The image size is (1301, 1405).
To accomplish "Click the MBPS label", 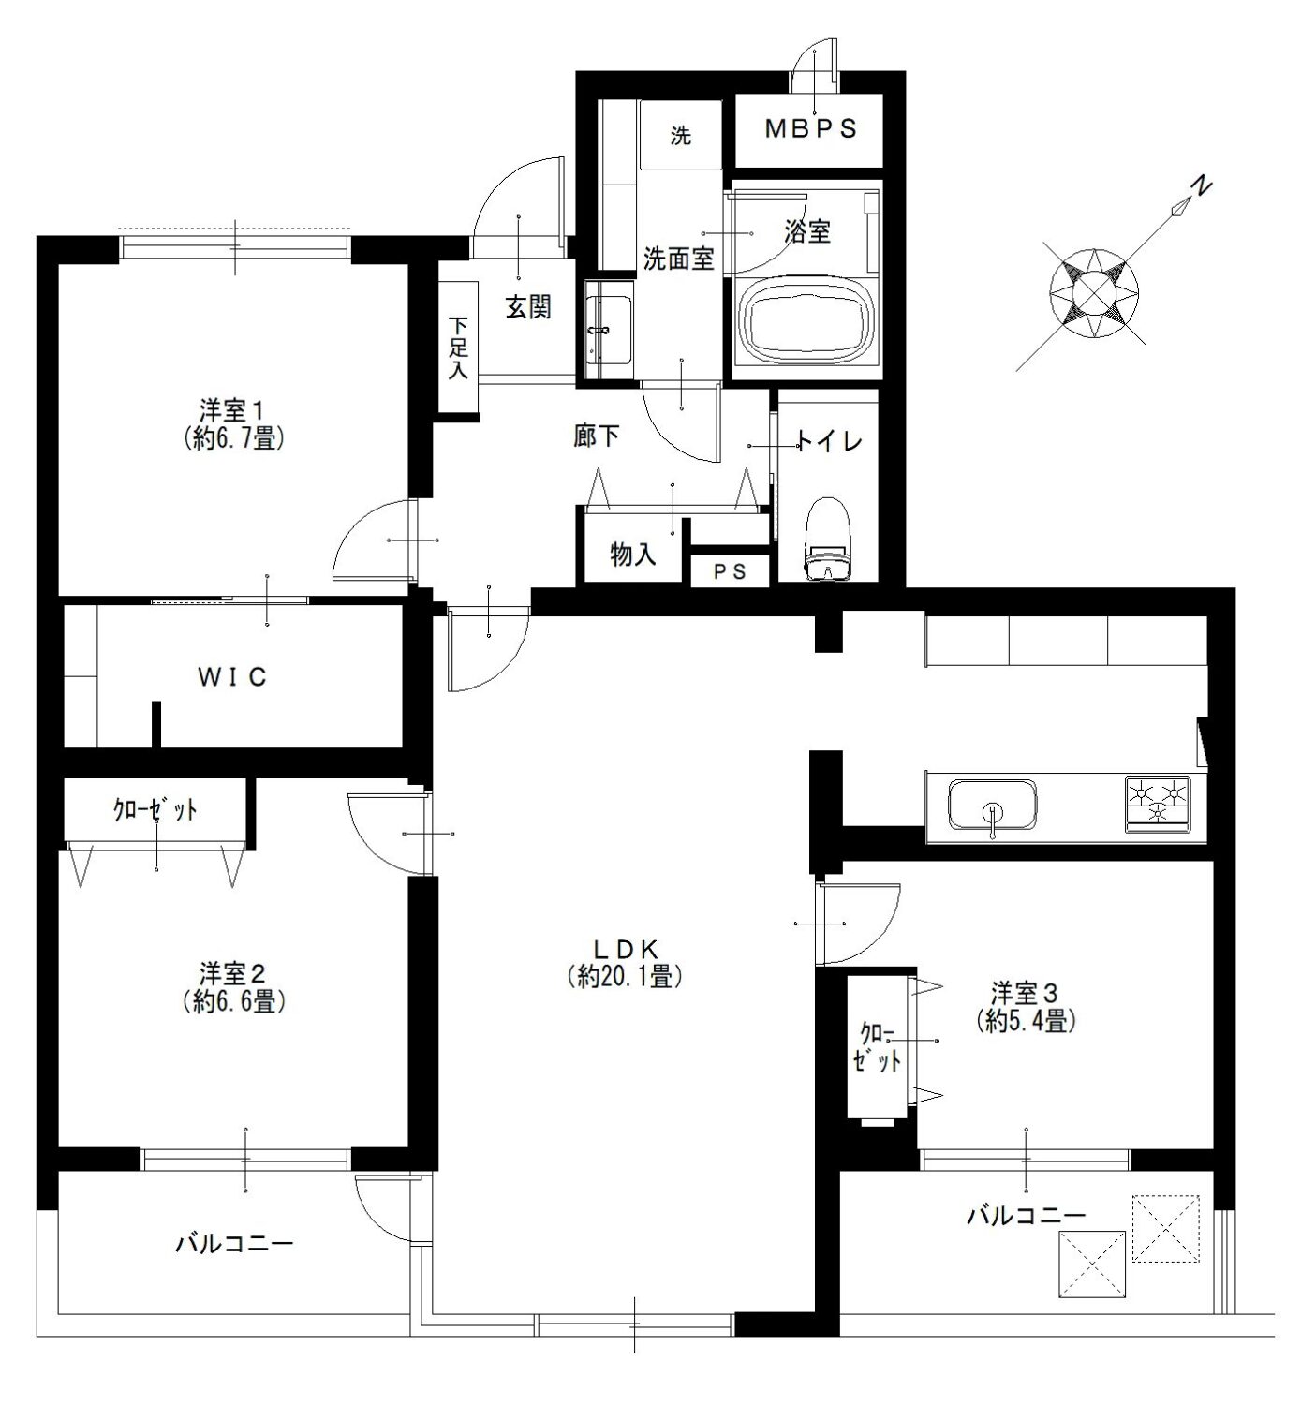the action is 811,128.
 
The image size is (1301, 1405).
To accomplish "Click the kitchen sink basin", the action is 992,805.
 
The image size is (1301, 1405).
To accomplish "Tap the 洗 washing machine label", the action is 681,135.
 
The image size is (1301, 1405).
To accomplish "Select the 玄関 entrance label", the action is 527,307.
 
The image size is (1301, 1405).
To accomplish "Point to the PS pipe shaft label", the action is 730,571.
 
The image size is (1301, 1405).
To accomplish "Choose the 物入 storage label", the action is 633,555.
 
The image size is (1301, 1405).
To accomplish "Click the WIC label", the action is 232,677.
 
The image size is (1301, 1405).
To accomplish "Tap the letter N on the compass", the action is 1202,186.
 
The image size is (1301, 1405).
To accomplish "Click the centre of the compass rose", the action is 1094,292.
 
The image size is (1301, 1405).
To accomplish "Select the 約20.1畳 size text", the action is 625,977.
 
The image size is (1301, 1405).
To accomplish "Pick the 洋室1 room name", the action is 232,410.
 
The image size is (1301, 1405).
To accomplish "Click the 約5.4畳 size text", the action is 1026,1021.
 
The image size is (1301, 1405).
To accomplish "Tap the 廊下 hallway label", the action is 597,436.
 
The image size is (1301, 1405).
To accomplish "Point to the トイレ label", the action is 831,442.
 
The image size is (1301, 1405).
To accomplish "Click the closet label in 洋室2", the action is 155,809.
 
